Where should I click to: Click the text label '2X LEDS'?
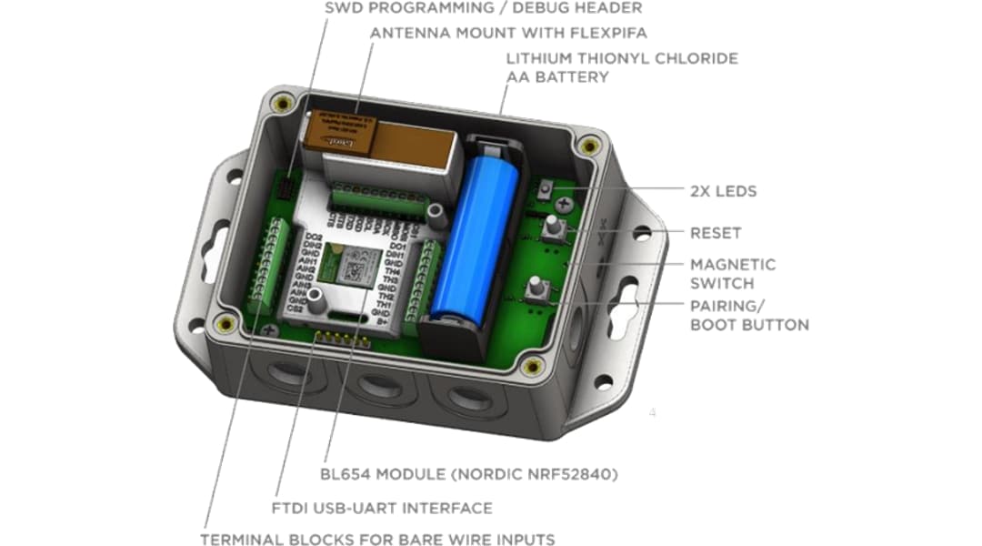pyautogui.click(x=723, y=191)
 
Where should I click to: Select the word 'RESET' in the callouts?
pyautogui.click(x=716, y=233)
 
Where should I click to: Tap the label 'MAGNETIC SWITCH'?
pyautogui.click(x=732, y=273)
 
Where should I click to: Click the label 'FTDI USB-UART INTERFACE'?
pyautogui.click(x=382, y=508)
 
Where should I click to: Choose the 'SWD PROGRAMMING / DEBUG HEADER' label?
pyautogui.click(x=483, y=8)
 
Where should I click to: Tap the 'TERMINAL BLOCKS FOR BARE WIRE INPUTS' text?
pyautogui.click(x=377, y=539)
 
